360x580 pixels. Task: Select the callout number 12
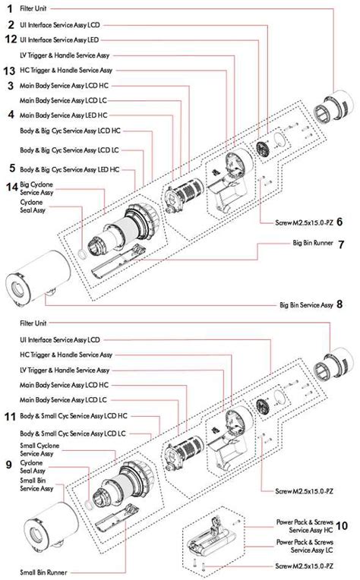[10, 39]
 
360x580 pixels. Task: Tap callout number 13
[10, 70]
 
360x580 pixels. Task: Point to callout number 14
[10, 187]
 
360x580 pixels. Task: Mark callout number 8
[339, 304]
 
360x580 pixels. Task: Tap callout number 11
[10, 417]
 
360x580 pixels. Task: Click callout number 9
[9, 463]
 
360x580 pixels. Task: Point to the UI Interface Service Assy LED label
[58, 39]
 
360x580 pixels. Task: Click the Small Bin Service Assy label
[36, 484]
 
